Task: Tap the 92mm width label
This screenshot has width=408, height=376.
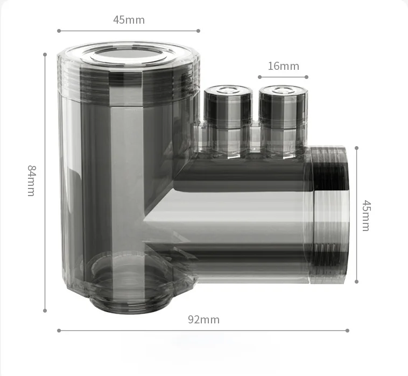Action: click(x=203, y=320)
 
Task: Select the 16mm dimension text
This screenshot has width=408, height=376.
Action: click(x=283, y=66)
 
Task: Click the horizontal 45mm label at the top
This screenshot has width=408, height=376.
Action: click(x=129, y=20)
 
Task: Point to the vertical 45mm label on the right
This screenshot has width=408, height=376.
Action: click(x=365, y=215)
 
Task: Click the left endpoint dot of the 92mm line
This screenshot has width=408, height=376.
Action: click(x=59, y=330)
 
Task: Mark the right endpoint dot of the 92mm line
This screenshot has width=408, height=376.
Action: click(x=348, y=330)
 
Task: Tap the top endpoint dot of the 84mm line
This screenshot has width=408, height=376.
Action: click(x=45, y=54)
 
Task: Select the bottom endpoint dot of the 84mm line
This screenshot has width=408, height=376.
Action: click(x=45, y=310)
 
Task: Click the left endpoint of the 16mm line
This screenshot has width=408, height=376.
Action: click(x=259, y=77)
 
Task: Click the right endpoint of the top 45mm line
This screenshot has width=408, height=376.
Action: click(x=198, y=31)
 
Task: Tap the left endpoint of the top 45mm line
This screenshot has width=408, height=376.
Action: click(x=59, y=31)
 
